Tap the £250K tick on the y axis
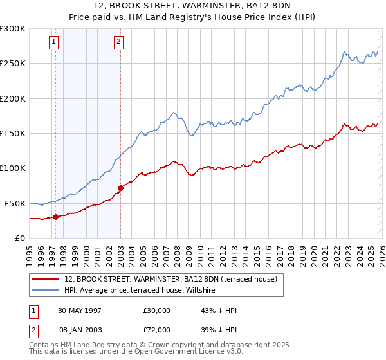point(13,64)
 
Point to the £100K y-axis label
point(13,168)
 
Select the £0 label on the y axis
point(19,238)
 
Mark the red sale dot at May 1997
point(56,217)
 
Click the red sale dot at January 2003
point(120,188)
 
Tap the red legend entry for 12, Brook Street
point(170,279)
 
